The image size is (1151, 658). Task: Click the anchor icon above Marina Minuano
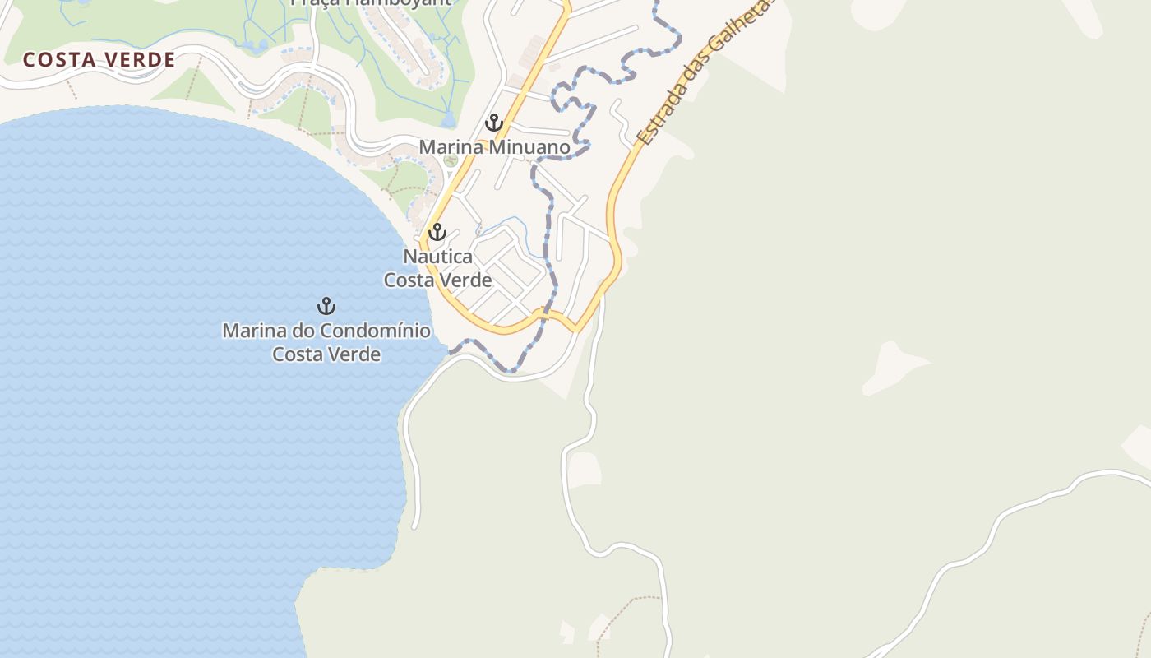(493, 123)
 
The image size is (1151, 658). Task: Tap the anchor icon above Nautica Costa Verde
(437, 232)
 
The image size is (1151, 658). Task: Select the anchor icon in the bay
(326, 306)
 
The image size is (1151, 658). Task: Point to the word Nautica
(437, 257)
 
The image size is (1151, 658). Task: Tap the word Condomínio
(375, 331)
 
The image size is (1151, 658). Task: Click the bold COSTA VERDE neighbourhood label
(99, 60)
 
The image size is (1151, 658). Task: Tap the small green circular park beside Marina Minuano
(450, 160)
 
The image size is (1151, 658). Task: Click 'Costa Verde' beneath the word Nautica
(437, 280)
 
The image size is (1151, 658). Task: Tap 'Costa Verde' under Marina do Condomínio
(326, 354)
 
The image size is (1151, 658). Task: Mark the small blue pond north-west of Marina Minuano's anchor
(447, 120)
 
